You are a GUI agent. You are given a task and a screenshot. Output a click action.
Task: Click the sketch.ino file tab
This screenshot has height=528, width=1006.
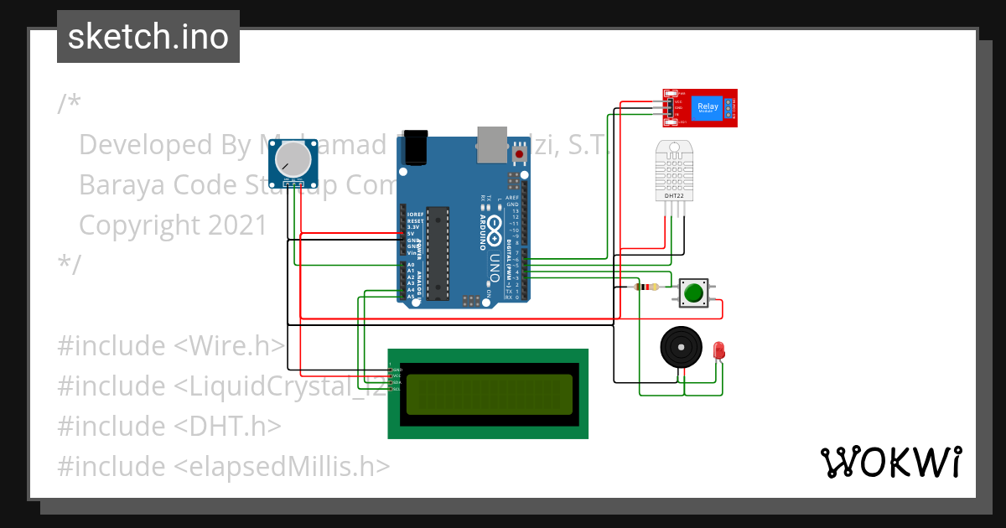(148, 37)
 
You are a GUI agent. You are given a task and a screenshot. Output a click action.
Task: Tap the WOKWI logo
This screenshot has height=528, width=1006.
(890, 462)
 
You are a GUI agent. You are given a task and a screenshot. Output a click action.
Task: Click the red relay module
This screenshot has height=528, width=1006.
(700, 107)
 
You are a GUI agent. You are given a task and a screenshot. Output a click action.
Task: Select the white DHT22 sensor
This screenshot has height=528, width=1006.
(676, 171)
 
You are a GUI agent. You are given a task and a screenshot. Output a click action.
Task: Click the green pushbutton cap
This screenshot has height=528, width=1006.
(693, 293)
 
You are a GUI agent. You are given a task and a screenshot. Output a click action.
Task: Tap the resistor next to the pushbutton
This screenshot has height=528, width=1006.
(646, 287)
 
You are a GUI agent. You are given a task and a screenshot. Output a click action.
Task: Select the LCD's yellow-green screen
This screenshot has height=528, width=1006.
(490, 394)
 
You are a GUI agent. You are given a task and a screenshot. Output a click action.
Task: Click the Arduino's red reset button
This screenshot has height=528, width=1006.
(520, 154)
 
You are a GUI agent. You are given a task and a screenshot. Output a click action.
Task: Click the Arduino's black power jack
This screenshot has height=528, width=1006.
(416, 148)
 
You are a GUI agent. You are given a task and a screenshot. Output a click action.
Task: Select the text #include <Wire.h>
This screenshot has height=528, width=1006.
(171, 345)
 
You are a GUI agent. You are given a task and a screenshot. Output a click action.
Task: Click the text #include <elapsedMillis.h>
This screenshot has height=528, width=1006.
(223, 466)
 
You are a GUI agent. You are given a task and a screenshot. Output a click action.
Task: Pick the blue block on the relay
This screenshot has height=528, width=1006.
(708, 107)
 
